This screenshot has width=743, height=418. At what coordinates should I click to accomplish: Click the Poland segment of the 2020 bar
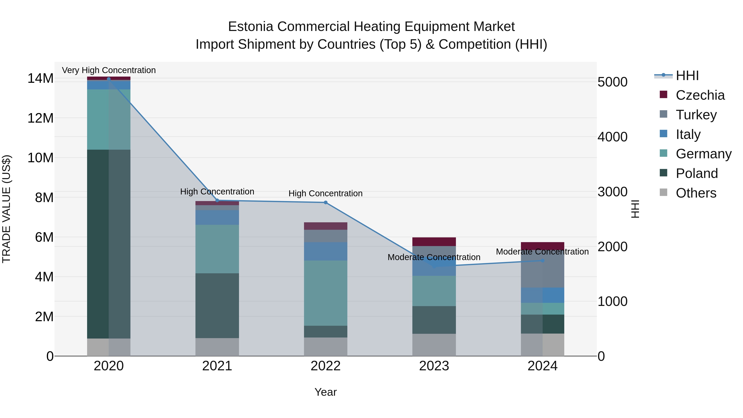tap(109, 244)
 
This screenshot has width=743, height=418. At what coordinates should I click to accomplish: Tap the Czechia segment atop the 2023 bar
tap(434, 242)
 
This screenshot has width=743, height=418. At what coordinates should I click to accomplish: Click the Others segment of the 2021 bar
tap(217, 347)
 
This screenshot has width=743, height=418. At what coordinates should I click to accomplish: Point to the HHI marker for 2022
tap(326, 202)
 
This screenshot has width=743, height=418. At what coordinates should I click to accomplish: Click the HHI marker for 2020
tap(109, 79)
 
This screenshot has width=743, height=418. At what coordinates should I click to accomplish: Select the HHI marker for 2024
tap(543, 261)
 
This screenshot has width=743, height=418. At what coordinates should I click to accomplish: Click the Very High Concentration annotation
tap(109, 70)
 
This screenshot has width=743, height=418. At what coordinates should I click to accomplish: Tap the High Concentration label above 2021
tap(217, 192)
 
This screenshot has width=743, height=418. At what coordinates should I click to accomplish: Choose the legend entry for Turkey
tap(696, 115)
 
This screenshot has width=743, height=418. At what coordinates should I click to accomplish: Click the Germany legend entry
tap(704, 154)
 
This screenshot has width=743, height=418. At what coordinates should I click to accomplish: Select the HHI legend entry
tap(687, 76)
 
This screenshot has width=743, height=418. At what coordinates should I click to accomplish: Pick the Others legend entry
tap(696, 193)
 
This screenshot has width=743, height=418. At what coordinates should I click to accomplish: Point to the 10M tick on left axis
tap(40, 158)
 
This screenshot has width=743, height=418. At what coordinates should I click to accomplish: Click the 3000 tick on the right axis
tap(612, 192)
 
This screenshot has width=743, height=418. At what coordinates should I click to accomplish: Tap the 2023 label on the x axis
tap(434, 366)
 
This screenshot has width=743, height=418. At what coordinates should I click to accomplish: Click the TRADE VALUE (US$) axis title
tap(7, 209)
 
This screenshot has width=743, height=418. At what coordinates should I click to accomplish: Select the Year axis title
tap(326, 392)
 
